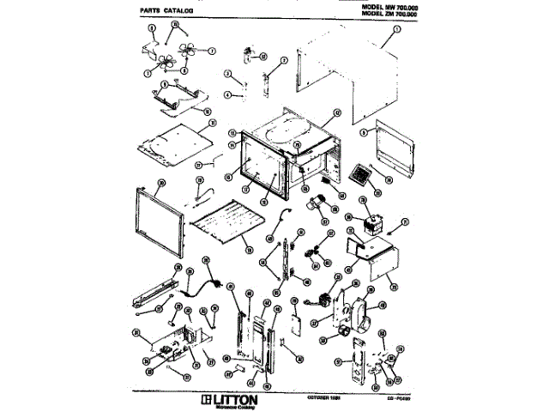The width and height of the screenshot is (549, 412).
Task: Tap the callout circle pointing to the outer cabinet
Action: pos(396,29)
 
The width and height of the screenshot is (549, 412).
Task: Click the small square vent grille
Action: pos(361,174)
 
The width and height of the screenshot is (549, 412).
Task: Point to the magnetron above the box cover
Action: pos(371,225)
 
